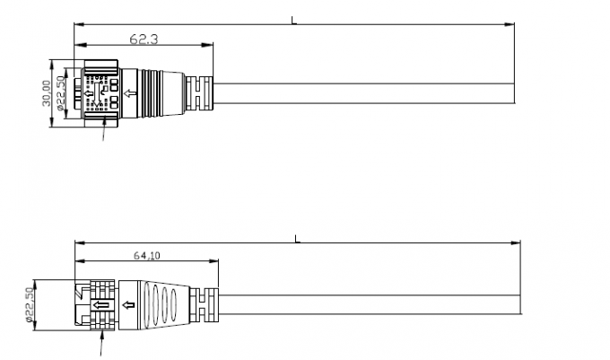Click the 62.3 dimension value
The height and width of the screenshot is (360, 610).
coord(143,39)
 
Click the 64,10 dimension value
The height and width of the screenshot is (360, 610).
coord(146,256)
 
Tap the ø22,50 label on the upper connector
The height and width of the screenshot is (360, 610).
coord(60,92)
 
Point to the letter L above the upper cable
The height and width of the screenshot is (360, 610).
coord(293,19)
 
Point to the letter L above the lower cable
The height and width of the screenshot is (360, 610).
coord(297,239)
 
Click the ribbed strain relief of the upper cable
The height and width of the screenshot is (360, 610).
coord(199,91)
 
